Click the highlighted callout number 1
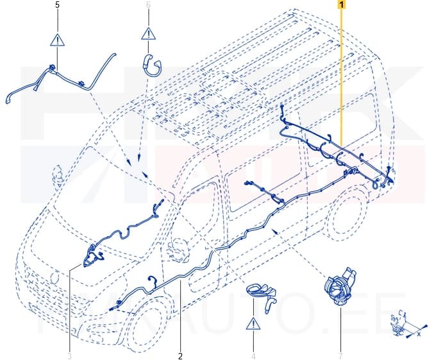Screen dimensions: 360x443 342,4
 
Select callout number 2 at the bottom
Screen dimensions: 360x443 181,356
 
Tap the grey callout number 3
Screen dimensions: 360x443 69,356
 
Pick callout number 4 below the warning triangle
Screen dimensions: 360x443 254,356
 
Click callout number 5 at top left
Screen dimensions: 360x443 58,4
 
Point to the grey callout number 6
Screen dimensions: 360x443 149,4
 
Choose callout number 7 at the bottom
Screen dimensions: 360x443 340,356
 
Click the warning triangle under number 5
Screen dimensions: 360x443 58,40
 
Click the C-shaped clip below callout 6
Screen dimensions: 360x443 150,64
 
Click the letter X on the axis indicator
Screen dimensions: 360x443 419,334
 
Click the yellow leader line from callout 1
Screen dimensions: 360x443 342,77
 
